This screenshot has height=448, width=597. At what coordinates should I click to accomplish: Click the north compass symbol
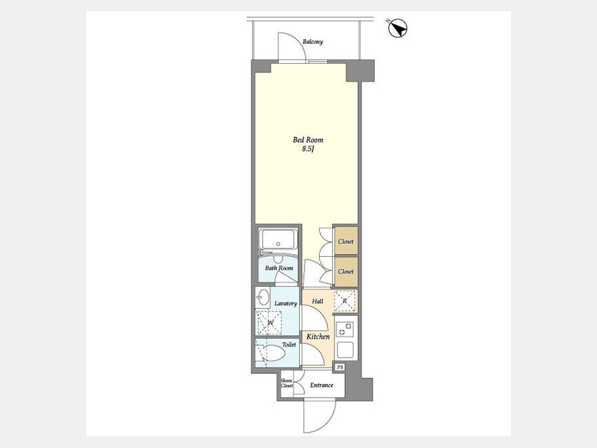(398, 28)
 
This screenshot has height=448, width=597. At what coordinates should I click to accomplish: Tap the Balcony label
(312, 42)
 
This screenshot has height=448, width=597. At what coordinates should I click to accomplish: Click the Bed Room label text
(308, 140)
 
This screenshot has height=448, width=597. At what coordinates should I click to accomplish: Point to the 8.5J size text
(308, 149)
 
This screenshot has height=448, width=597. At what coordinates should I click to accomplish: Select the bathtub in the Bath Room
(278, 239)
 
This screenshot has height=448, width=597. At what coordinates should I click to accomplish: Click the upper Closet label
(346, 242)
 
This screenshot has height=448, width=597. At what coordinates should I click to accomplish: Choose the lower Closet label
(346, 271)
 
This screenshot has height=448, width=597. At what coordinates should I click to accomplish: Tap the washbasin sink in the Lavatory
(263, 297)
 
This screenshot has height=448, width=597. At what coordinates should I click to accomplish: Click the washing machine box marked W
(269, 323)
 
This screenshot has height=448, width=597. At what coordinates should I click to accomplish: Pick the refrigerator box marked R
(344, 301)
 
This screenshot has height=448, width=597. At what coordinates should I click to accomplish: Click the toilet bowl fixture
(274, 354)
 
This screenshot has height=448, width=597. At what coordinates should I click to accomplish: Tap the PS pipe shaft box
(340, 367)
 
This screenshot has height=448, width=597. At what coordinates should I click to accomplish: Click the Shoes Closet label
(287, 383)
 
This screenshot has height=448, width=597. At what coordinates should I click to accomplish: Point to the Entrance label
(321, 385)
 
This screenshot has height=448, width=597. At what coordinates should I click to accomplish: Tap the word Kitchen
(318, 336)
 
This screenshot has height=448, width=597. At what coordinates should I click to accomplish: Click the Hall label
(318, 301)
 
